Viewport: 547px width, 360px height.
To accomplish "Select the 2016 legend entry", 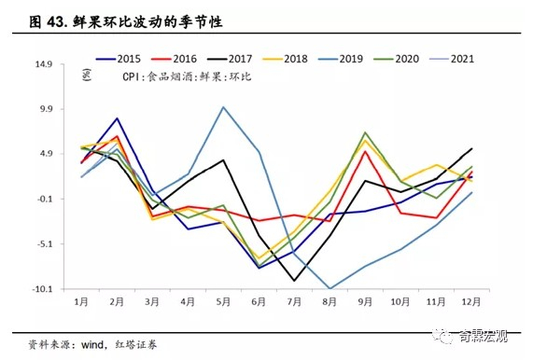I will [203, 58].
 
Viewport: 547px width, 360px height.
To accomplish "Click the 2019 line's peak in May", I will [223, 106].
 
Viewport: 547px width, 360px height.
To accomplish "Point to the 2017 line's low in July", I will [294, 281].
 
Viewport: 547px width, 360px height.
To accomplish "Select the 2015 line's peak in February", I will [117, 118].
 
